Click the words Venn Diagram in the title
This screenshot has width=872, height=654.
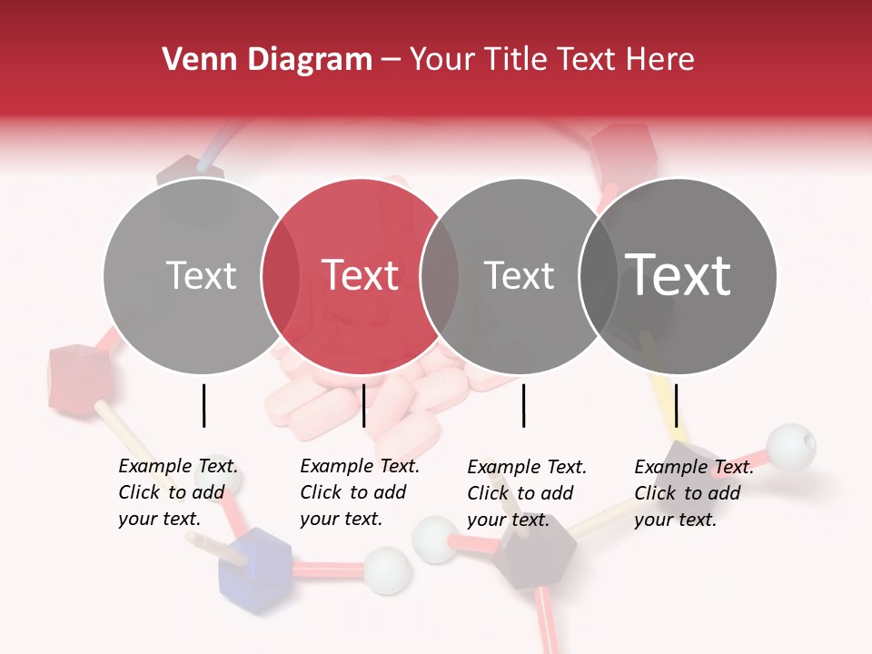(x=267, y=60)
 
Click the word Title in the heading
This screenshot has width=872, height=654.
(x=516, y=60)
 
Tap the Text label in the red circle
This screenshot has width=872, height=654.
(x=361, y=275)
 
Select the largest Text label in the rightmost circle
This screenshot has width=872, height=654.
(x=679, y=275)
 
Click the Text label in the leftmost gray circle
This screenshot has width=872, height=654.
(x=202, y=275)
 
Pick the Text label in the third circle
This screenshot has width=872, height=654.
(x=520, y=275)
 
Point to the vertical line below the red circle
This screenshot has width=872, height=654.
(x=363, y=405)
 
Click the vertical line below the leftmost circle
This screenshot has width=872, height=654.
(x=203, y=405)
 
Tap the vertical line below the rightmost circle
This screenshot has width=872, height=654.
(x=677, y=405)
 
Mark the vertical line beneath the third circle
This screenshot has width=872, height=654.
(x=523, y=405)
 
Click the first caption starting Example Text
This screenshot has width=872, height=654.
(x=177, y=492)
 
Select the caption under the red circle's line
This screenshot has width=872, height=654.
(x=359, y=492)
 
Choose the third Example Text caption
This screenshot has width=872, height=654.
(x=526, y=493)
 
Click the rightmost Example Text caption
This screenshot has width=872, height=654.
(x=693, y=493)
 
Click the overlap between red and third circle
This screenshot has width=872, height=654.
(x=440, y=275)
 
